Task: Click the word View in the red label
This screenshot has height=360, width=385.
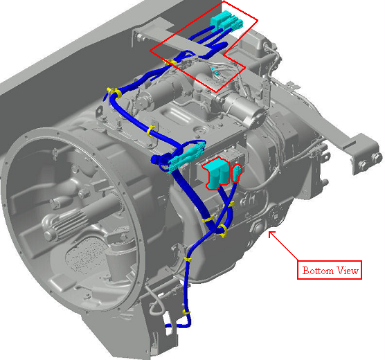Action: (x=348, y=271)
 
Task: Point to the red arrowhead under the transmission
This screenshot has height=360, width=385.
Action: (x=271, y=234)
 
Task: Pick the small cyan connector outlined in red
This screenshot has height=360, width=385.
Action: (x=236, y=173)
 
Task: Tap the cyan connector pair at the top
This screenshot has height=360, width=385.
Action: (x=227, y=21)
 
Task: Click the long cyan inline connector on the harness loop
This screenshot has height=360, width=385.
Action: (x=186, y=157)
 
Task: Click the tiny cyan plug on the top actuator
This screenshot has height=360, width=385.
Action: (x=216, y=72)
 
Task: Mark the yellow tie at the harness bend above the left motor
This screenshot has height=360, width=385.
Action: (x=115, y=93)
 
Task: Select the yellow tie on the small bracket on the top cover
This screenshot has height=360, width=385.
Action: (x=151, y=131)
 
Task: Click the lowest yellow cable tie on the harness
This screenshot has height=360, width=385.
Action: (x=186, y=313)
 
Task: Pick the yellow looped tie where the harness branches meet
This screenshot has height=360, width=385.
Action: (x=223, y=231)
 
